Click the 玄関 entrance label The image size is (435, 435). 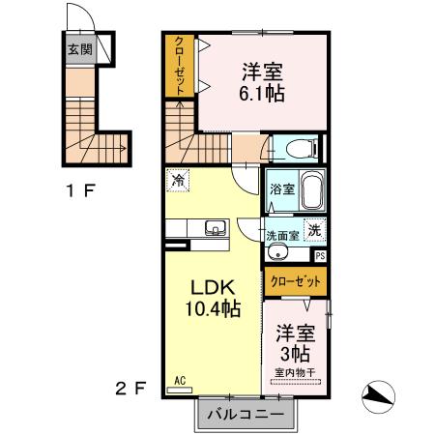pyautogui.click(x=79, y=48)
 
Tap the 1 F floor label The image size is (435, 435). pyautogui.click(x=80, y=190)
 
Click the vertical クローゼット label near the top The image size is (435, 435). pyautogui.click(x=180, y=65)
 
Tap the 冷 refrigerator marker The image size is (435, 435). pyautogui.click(x=177, y=180)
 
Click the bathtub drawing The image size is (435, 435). pyautogui.click(x=312, y=191)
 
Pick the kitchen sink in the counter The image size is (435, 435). pyautogui.click(x=216, y=228)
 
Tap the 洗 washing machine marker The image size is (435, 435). pyautogui.click(x=314, y=230)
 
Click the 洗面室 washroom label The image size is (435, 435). pyautogui.click(x=283, y=235)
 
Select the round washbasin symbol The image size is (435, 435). pyautogui.click(x=278, y=253)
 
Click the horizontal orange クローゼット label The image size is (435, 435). pyautogui.click(x=296, y=281)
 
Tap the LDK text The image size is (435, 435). pyautogui.click(x=213, y=289)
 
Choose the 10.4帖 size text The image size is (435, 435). pyautogui.click(x=213, y=310)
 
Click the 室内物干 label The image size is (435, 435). pyautogui.click(x=296, y=373)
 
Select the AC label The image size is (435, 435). pyautogui.click(x=180, y=381)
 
